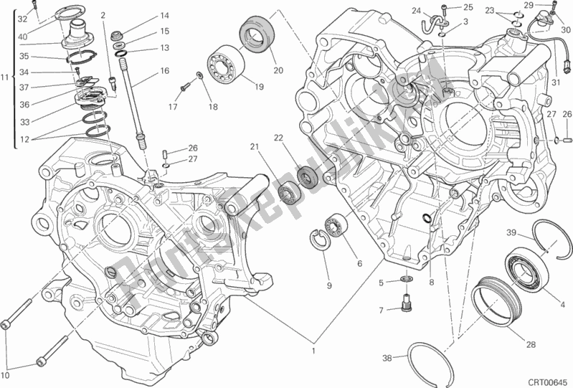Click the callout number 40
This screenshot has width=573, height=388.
pos(24,37)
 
